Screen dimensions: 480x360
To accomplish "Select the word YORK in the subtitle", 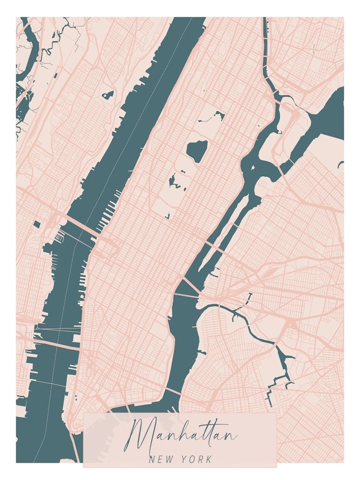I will click(197, 459).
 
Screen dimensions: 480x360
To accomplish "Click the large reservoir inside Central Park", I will click(197, 151).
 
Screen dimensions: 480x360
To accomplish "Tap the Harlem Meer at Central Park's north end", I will click(218, 115).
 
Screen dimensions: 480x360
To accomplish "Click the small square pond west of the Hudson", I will click(37, 224).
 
